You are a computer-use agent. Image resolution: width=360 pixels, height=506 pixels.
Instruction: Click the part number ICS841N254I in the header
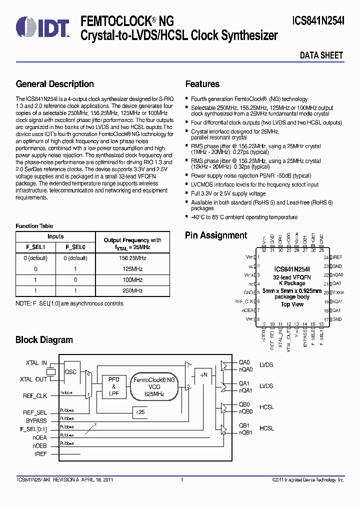coord(318,21)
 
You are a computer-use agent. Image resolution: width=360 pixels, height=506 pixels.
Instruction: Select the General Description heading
coord(55,84)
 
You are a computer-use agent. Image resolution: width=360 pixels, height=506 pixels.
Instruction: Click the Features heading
coord(202,84)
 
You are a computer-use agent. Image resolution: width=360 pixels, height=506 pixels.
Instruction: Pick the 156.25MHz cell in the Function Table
coord(132,258)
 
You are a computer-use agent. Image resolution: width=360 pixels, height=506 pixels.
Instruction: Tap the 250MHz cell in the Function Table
coord(132,290)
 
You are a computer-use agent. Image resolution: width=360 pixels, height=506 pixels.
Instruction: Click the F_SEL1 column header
coord(35,247)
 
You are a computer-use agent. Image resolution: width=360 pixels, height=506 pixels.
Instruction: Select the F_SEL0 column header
coord(76,247)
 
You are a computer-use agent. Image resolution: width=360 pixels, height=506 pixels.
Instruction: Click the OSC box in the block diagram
coord(71,371)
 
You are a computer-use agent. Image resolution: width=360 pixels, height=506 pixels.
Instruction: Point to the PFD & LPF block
coord(113,386)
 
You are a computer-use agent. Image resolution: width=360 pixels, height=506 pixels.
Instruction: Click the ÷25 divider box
coord(141,412)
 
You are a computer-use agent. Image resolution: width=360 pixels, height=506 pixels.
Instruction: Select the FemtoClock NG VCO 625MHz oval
coord(154,386)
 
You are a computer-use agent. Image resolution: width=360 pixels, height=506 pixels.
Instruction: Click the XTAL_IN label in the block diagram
coord(36,363)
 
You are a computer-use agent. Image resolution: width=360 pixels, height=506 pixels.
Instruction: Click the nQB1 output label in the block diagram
coord(245,433)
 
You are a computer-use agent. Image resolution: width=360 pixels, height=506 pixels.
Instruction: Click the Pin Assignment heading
coord(216,235)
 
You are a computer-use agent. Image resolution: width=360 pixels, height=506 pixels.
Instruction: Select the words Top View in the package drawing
coord(292,304)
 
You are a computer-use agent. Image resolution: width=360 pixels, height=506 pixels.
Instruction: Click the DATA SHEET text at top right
coord(321,55)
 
